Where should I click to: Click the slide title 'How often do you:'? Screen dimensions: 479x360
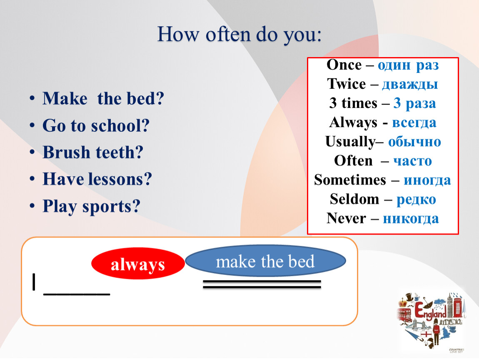pyautogui.click(x=239, y=35)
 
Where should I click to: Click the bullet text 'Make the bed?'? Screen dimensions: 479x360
pyautogui.click(x=103, y=98)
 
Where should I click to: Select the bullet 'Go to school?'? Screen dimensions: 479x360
pyautogui.click(x=96, y=125)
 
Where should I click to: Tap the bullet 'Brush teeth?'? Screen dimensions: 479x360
pyautogui.click(x=93, y=152)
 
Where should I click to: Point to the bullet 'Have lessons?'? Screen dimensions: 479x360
pyautogui.click(x=97, y=179)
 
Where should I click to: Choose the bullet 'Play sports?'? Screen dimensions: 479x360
pyautogui.click(x=91, y=207)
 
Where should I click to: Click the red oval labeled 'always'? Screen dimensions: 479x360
pyautogui.click(x=138, y=264)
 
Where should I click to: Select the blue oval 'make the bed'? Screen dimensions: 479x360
pyautogui.click(x=265, y=261)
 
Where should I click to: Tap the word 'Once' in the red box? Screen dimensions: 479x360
pyautogui.click(x=344, y=65)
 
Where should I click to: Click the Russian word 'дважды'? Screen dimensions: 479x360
pyautogui.click(x=410, y=84)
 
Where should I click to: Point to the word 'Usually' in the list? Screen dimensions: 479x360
pyautogui.click(x=350, y=142)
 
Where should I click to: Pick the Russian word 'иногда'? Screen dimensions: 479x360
pyautogui.click(x=427, y=180)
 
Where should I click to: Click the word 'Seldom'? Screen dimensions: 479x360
pyautogui.click(x=354, y=199)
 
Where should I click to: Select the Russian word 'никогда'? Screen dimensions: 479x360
pyautogui.click(x=411, y=218)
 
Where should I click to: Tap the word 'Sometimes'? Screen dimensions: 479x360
pyautogui.click(x=350, y=180)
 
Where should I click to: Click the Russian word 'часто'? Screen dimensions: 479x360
pyautogui.click(x=412, y=161)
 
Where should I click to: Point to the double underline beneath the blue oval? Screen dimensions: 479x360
pyautogui.click(x=262, y=284)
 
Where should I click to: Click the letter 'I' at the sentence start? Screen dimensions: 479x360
pyautogui.click(x=34, y=282)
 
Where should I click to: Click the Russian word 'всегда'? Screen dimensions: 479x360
pyautogui.click(x=414, y=123)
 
